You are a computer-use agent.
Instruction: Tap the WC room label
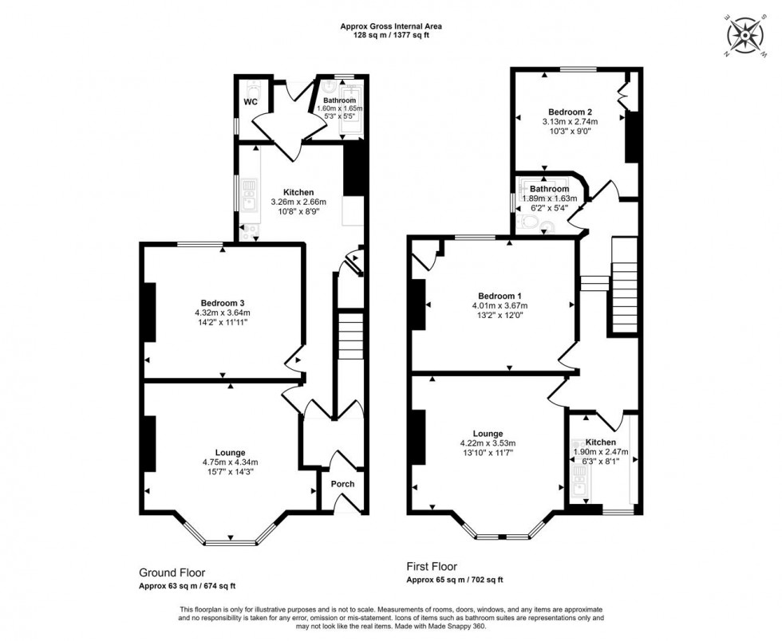(249, 102)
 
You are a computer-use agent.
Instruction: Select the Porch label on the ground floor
(342, 484)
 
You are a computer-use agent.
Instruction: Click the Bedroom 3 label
(223, 302)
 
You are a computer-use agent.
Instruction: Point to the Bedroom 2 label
(570, 111)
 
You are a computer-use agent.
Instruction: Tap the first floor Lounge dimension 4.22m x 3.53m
(488, 443)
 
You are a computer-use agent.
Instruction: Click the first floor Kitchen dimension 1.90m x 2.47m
(601, 452)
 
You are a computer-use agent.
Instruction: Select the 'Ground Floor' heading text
(172, 572)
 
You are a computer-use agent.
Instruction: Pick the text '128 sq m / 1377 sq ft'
(390, 36)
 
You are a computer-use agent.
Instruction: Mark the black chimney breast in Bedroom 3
(148, 312)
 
